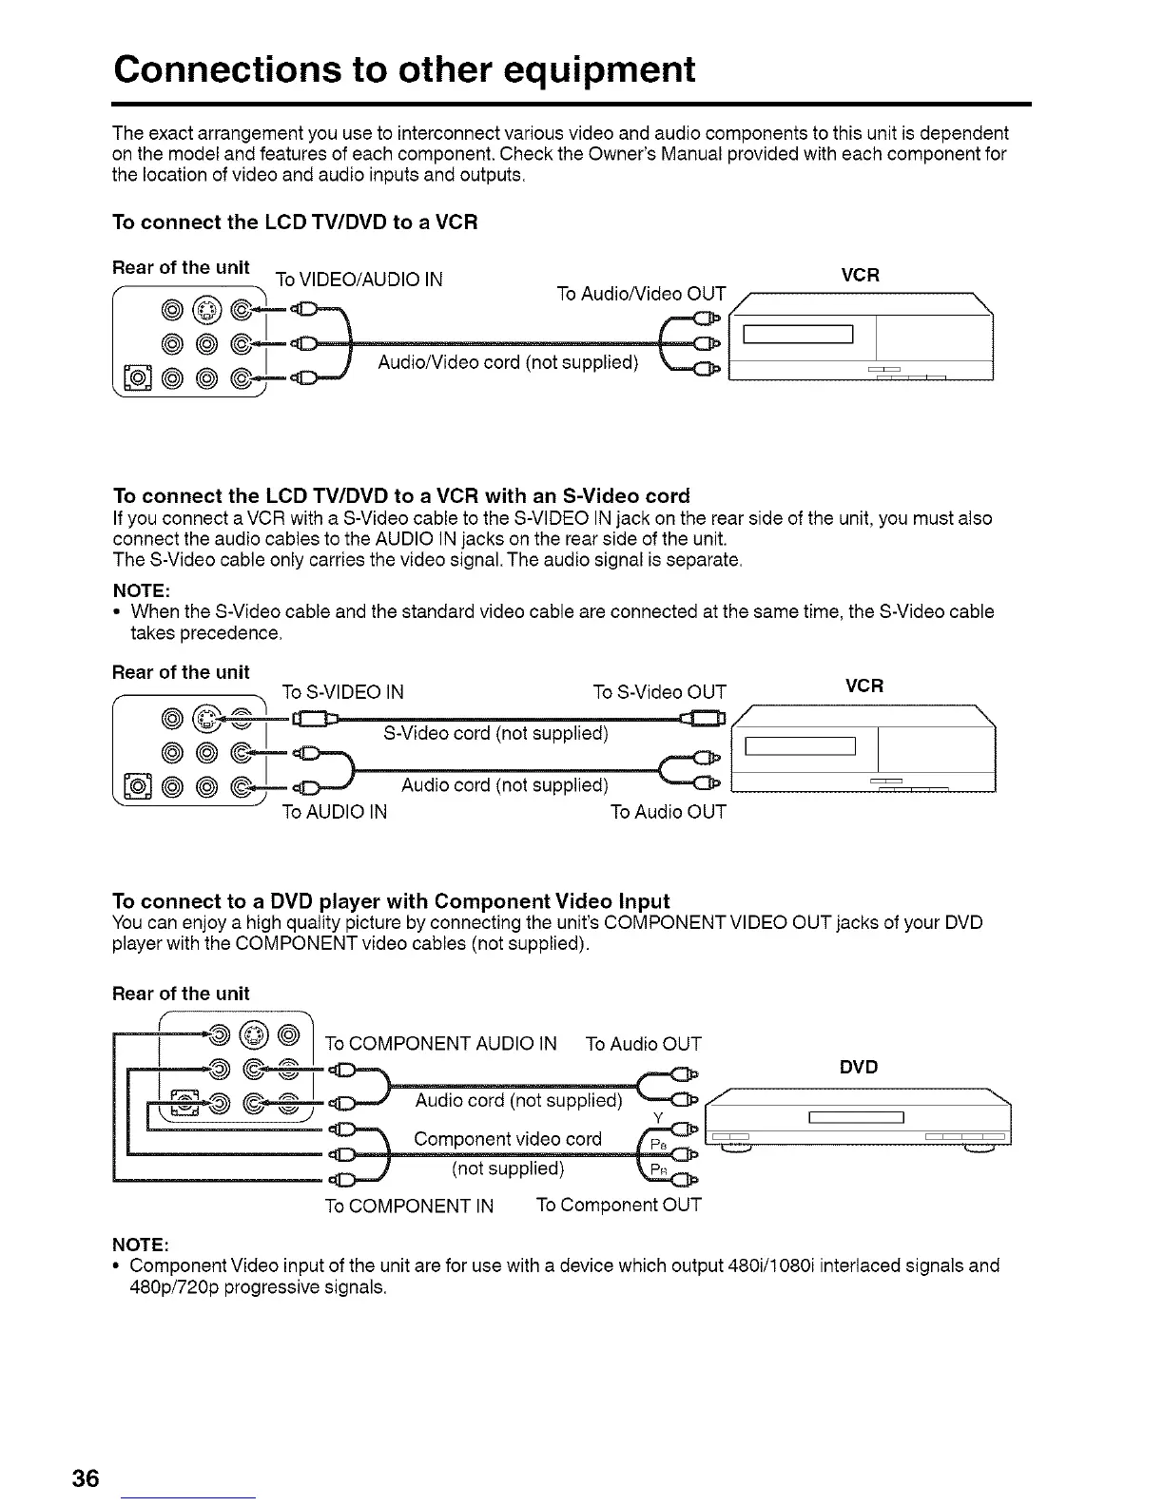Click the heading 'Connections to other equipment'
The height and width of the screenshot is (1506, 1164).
click(403, 69)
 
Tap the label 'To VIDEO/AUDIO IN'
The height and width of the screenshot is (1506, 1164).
click(359, 280)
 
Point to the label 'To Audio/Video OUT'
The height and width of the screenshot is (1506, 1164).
click(641, 293)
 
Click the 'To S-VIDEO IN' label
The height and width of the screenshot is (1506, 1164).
click(342, 692)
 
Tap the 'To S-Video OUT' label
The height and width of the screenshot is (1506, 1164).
click(659, 692)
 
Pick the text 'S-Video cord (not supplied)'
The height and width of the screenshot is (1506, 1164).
click(495, 733)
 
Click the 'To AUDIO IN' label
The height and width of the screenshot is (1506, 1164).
click(334, 812)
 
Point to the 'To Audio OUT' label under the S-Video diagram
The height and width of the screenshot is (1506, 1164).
click(668, 812)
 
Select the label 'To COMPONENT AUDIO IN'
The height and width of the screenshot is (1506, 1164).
click(440, 1044)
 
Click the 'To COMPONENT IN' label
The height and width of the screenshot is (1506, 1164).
click(409, 1207)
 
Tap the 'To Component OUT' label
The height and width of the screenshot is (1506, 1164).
click(618, 1206)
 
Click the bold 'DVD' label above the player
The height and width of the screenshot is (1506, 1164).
click(859, 1067)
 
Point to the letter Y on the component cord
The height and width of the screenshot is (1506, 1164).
click(657, 1116)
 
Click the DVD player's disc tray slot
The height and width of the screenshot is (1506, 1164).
click(855, 1116)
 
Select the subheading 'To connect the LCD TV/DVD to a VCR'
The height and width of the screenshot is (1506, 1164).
click(295, 222)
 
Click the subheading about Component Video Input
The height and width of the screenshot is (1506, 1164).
click(391, 901)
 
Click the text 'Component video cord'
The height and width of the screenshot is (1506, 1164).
click(508, 1139)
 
